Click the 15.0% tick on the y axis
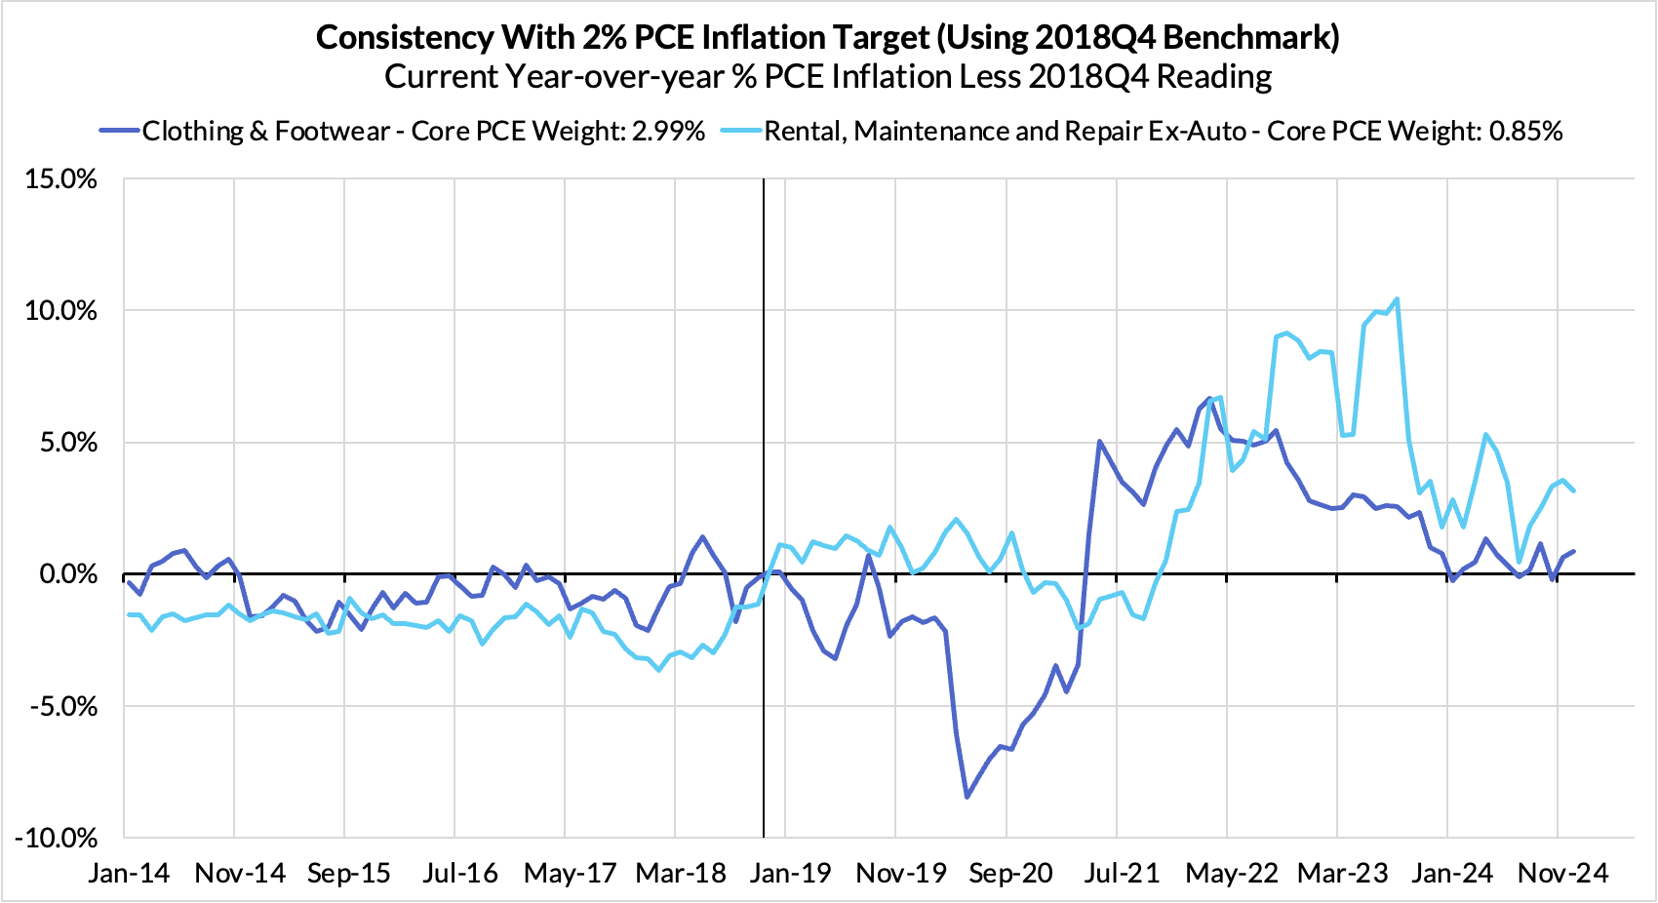[x=60, y=179]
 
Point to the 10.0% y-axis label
[x=60, y=311]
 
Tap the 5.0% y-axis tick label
[x=67, y=443]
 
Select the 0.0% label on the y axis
[x=67, y=574]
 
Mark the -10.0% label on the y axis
[x=57, y=838]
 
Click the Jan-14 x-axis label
[x=129, y=873]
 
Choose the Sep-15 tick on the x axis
[x=348, y=873]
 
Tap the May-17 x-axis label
[x=570, y=873]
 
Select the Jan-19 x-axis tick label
[x=790, y=873]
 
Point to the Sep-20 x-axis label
[x=1010, y=873]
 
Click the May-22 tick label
[x=1231, y=873]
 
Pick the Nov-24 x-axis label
[x=1562, y=873]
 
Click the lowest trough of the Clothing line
[x=967, y=798]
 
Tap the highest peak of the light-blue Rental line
[x=1397, y=299]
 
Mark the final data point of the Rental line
[x=1573, y=491]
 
